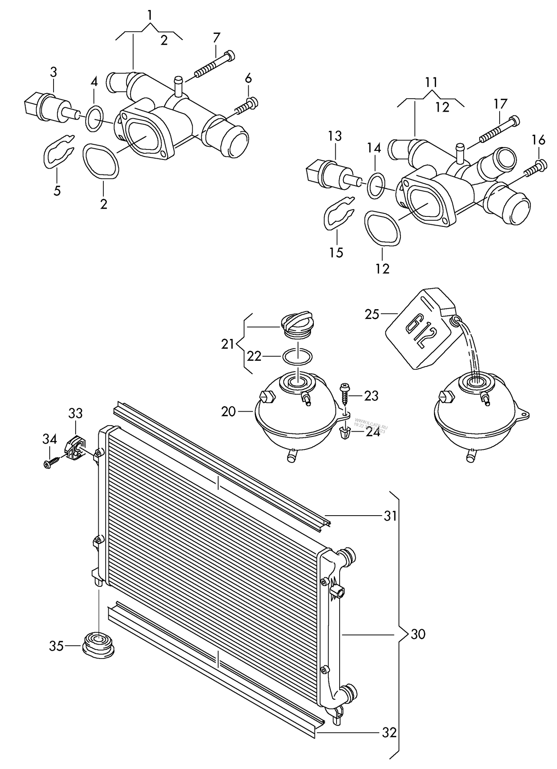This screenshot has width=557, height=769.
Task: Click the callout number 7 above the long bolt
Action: click(216, 38)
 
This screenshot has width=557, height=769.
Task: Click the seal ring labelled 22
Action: click(297, 357)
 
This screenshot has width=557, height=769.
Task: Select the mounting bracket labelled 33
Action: click(74, 448)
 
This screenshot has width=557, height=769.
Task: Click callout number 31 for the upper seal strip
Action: click(390, 516)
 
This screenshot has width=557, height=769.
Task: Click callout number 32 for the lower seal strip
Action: click(389, 732)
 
